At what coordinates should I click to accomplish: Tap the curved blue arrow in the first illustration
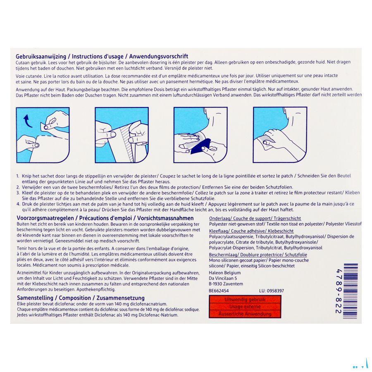pos(28,122)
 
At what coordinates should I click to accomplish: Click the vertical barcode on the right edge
pos(350,289)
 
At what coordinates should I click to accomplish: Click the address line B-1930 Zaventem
pos(226,284)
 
